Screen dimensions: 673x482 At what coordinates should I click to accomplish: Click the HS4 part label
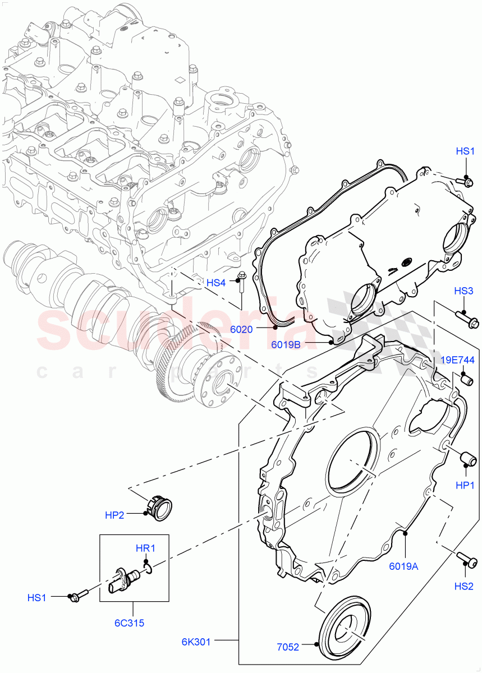pyautogui.click(x=215, y=283)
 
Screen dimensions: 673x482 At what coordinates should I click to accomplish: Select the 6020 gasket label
pyautogui.click(x=241, y=329)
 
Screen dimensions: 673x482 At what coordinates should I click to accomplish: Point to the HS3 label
pyautogui.click(x=463, y=291)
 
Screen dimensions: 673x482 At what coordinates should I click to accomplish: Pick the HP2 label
pyautogui.click(x=114, y=515)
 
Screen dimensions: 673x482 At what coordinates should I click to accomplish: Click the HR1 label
pyautogui.click(x=145, y=548)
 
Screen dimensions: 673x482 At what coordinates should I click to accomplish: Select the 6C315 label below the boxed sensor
pyautogui.click(x=133, y=622)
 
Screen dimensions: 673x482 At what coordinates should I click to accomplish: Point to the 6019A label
pyautogui.click(x=404, y=566)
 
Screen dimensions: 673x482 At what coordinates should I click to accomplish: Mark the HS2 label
pyautogui.click(x=464, y=586)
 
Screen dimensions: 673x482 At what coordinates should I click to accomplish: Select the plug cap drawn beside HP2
pyautogui.click(x=160, y=508)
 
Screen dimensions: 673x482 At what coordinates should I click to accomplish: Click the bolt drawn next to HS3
pyautogui.click(x=469, y=320)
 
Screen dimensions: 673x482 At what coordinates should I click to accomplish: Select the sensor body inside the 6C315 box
pyautogui.click(x=125, y=579)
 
